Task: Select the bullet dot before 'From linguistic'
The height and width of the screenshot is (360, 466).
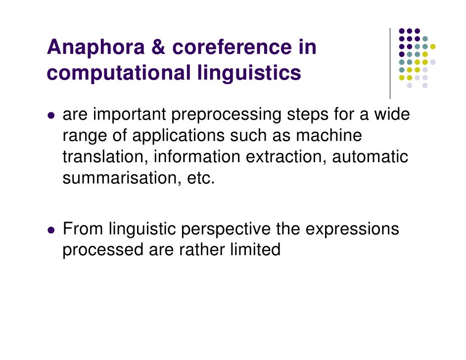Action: [50, 231]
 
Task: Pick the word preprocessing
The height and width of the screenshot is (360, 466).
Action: [226, 115]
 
